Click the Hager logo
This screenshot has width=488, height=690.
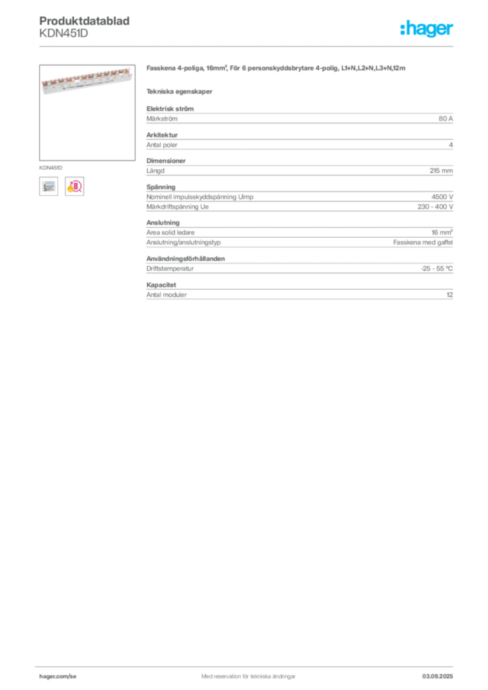[x=427, y=28]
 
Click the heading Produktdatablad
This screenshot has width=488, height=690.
[x=84, y=21]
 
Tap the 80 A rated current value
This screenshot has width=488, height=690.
[x=446, y=119]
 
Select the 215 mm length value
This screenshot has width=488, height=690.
[x=441, y=170]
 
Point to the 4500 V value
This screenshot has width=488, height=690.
[x=441, y=197]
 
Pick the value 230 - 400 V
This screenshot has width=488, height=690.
[x=435, y=207]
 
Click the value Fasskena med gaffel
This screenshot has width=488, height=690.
[x=423, y=243]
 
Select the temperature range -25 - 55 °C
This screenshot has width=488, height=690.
[x=437, y=268]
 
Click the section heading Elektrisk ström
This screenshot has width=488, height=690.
[x=170, y=108]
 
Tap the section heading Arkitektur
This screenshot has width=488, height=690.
[x=162, y=135]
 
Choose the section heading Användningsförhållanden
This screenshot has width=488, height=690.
[x=185, y=259]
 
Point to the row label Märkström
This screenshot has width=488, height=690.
[x=162, y=119]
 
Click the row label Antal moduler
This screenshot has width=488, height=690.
[x=166, y=295]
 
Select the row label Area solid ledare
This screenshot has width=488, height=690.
[x=171, y=232]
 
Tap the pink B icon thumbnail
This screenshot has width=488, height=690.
[x=74, y=187]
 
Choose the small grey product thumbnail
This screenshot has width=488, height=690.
[x=49, y=187]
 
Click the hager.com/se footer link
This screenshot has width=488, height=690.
[x=58, y=677]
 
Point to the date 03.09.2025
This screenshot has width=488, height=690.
[x=437, y=677]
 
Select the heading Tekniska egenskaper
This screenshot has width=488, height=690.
[x=179, y=92]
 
